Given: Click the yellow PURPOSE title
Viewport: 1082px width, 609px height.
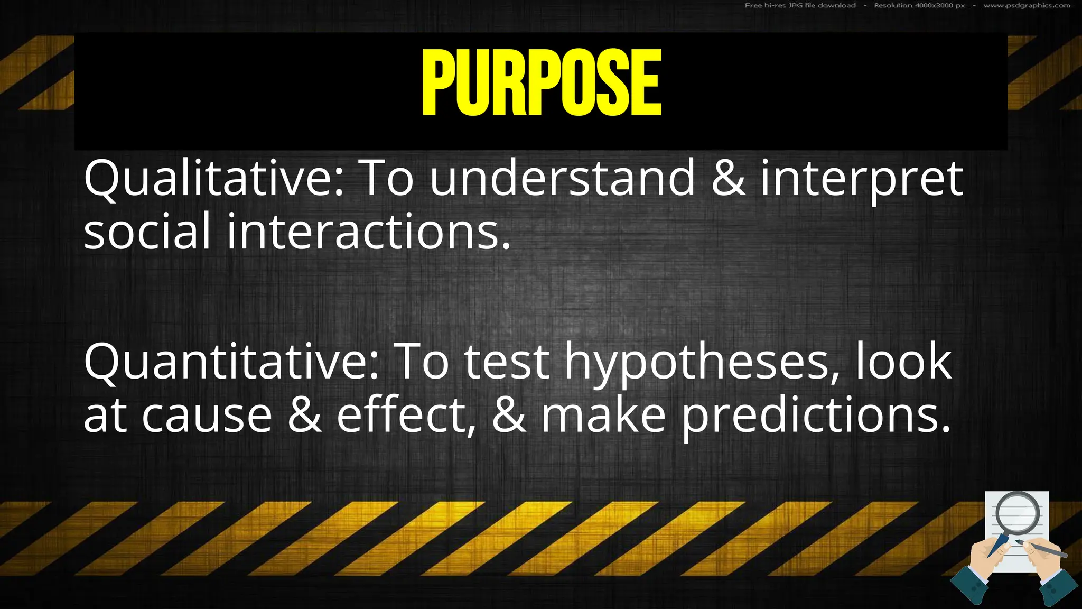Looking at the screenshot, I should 542,82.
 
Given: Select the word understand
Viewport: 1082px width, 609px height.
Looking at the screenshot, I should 562,179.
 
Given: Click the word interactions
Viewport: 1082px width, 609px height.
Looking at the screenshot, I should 369,232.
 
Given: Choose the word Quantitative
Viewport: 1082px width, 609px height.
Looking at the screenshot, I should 231,362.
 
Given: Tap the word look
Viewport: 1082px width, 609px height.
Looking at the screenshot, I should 903,361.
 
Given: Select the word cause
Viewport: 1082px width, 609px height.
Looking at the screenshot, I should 207,416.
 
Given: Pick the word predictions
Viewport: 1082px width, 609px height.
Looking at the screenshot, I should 815,416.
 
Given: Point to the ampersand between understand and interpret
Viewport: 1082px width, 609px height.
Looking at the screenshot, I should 729,178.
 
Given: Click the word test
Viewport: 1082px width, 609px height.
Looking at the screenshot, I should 506,362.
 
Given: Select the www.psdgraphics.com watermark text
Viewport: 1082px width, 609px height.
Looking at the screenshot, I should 1027,6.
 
